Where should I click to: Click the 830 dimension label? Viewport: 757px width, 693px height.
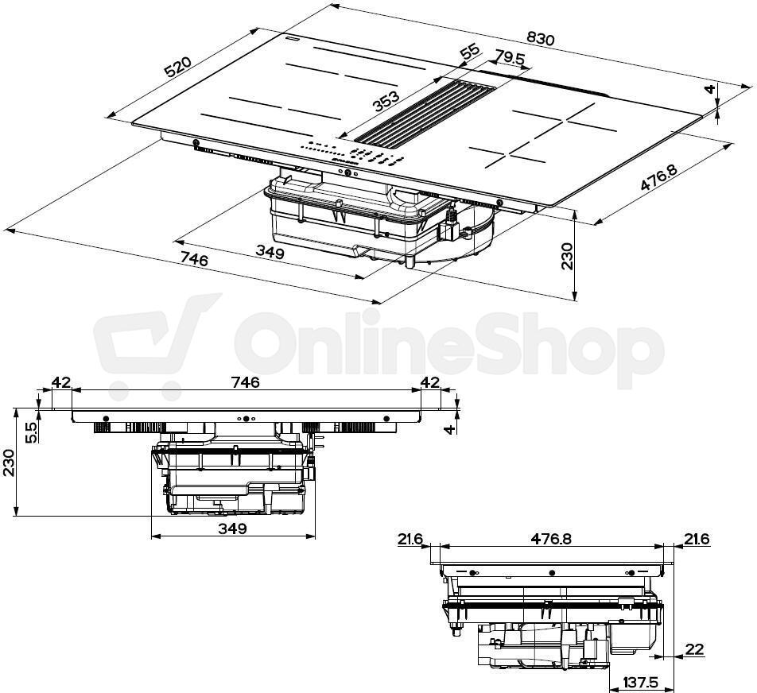pos(540,38)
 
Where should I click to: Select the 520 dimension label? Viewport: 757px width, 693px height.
pos(178,67)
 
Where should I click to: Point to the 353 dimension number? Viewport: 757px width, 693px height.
pos(386,102)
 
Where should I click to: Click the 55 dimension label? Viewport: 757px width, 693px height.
pos(469,52)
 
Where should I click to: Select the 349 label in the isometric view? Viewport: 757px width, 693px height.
pos(270,252)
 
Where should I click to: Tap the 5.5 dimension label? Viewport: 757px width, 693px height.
pos(31,432)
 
